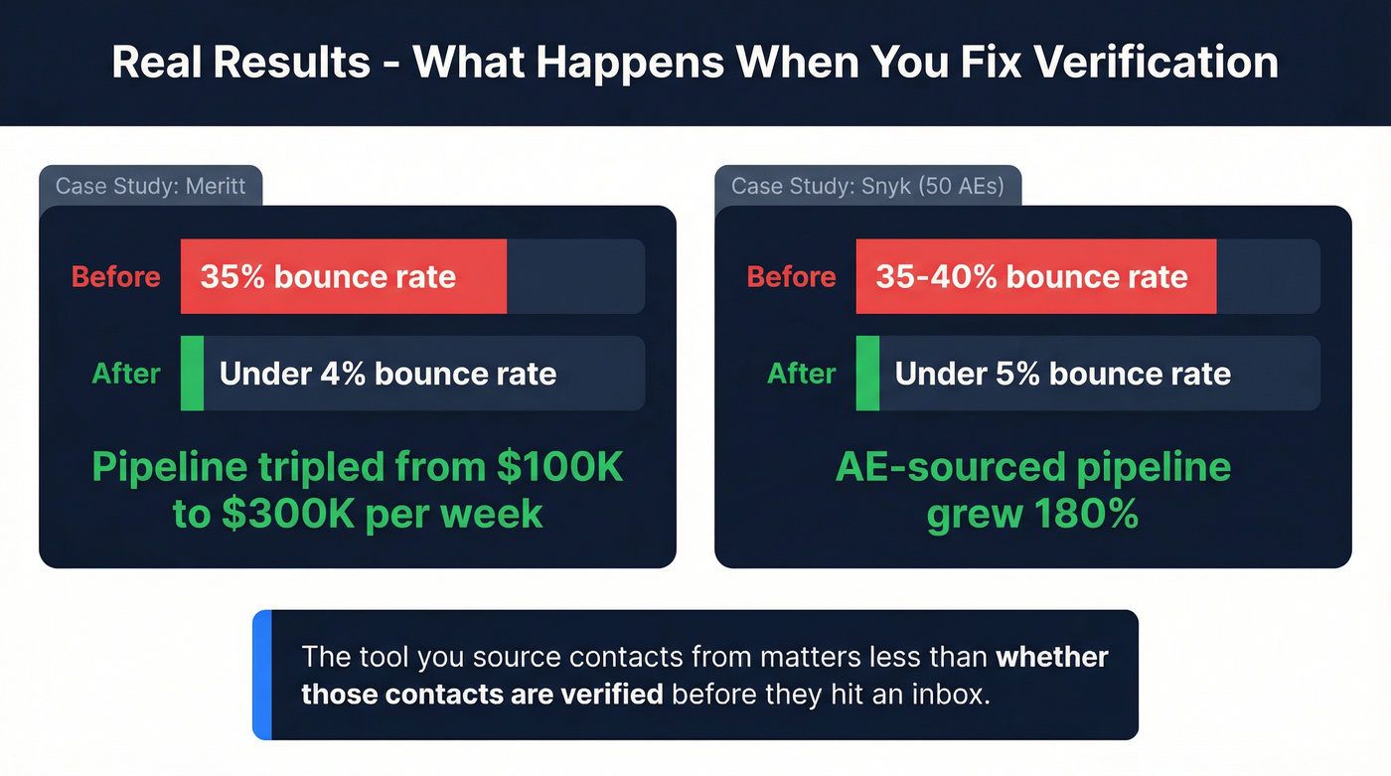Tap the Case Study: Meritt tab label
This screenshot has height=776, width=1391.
click(150, 186)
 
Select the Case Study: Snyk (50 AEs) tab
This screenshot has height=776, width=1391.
click(866, 186)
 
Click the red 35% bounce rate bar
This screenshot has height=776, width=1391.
click(343, 276)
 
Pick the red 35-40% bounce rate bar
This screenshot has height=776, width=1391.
click(1035, 276)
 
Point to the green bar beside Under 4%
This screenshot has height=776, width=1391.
click(192, 374)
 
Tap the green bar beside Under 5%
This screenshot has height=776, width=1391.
click(867, 374)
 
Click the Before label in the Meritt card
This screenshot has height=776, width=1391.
click(115, 276)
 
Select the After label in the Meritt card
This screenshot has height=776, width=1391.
click(126, 374)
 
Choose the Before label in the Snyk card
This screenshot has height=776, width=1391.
click(791, 276)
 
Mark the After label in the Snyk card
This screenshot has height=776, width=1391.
click(802, 374)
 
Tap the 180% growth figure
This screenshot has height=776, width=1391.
click(1086, 515)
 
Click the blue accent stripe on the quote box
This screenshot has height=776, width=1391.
click(261, 675)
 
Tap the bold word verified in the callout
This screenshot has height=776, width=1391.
click(608, 693)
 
